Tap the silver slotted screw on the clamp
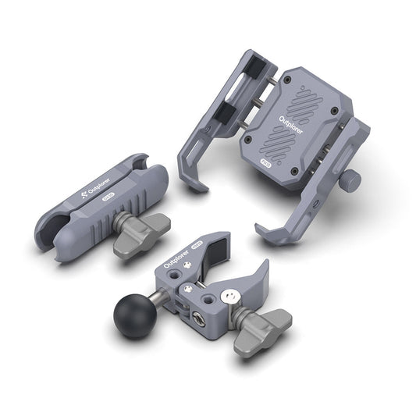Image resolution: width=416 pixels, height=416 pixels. (x=228, y=296)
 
